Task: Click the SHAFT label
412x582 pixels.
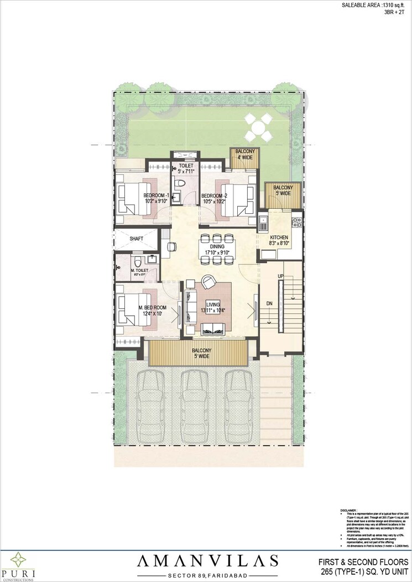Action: [137, 239]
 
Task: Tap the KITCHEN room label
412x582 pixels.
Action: [279, 238]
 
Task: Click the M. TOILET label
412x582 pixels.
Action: [138, 271]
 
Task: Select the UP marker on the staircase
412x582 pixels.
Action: [281, 276]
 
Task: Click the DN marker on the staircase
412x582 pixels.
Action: [269, 304]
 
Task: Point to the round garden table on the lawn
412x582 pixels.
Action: [258, 128]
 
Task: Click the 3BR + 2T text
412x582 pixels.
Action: [397, 13]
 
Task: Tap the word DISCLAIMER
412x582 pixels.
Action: [349, 511]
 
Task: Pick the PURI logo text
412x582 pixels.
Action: [18, 572]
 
